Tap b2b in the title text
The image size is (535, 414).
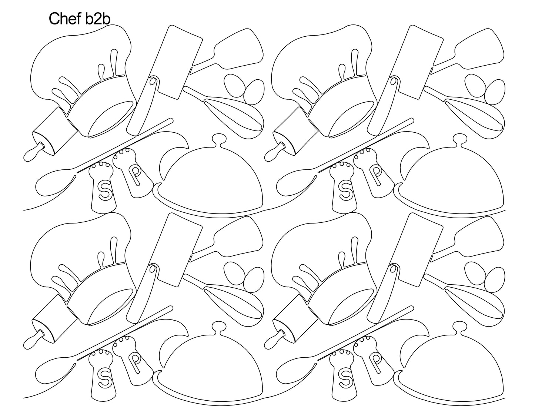tap(98, 19)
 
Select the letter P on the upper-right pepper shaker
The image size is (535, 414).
tap(376, 175)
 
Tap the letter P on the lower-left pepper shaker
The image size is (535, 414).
tap(135, 362)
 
